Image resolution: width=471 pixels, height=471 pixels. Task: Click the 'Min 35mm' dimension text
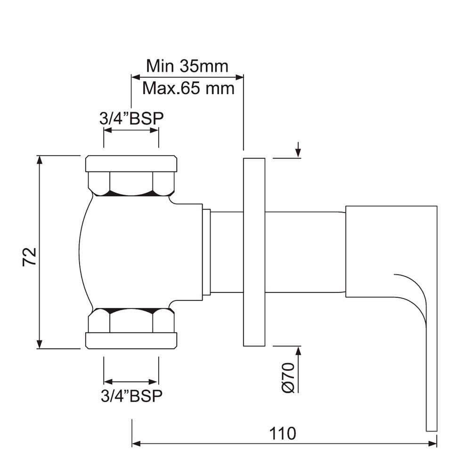(x=187, y=65)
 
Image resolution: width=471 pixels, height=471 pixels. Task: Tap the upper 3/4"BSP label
(x=131, y=118)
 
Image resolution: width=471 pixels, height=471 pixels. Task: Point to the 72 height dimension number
(x=29, y=257)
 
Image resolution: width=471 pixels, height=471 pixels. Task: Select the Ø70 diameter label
(x=288, y=377)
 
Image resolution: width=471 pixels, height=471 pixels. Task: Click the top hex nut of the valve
(x=131, y=184)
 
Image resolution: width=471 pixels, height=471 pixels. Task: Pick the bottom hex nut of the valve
(x=131, y=320)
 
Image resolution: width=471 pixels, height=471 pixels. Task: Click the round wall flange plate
(x=254, y=252)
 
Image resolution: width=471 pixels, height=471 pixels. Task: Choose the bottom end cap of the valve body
(x=131, y=341)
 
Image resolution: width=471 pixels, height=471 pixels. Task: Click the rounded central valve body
(x=137, y=252)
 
